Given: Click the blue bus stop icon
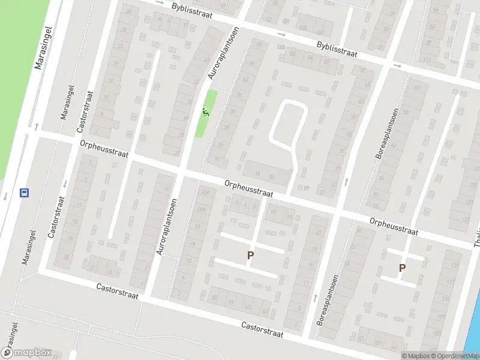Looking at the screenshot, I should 25,193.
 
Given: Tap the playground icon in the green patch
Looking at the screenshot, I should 206,112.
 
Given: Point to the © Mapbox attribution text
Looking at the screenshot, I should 415,356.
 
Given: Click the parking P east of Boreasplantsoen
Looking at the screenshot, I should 402,268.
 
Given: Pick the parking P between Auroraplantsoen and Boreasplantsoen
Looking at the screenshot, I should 250,255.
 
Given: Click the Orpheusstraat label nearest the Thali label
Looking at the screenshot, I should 394,227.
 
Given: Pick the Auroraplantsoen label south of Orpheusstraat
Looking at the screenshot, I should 166,227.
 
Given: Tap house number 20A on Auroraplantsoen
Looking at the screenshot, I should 206,192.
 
